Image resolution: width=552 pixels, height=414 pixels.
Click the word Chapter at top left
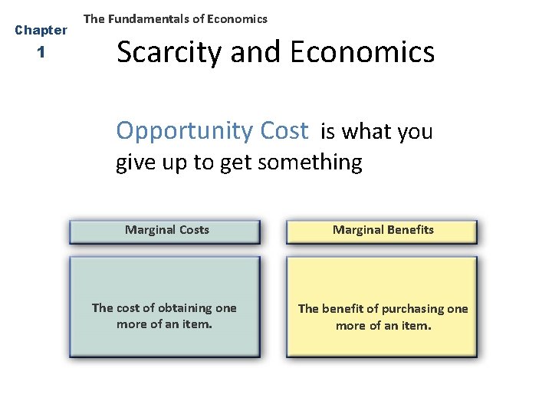click(x=41, y=31)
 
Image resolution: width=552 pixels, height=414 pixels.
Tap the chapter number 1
click(x=41, y=54)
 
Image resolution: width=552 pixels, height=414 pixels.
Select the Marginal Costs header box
click(x=165, y=232)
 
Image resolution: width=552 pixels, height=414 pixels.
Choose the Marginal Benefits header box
click(x=382, y=232)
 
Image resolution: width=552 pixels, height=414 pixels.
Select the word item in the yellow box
click(x=415, y=326)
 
